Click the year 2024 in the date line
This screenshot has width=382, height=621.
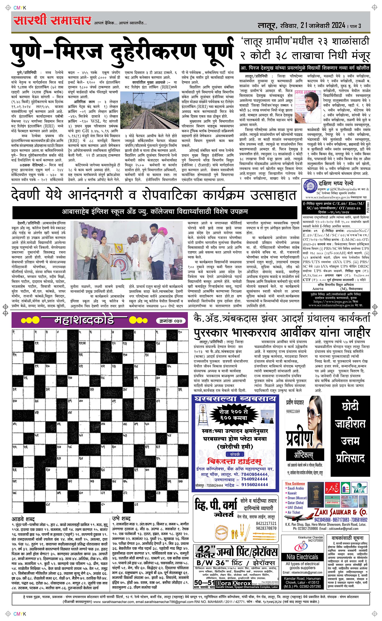click(x=335, y=25)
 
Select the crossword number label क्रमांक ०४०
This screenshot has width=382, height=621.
click(x=171, y=321)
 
